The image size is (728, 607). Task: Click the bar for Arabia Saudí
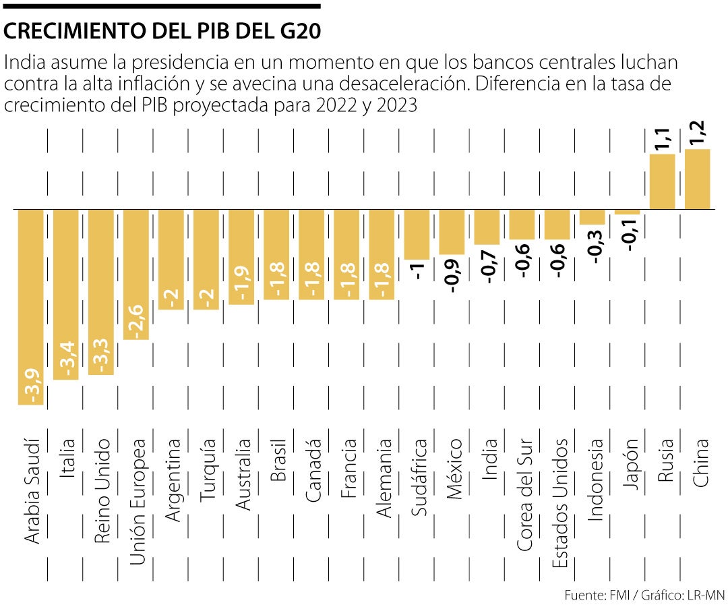[30, 307]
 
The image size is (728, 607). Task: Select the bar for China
[698, 179]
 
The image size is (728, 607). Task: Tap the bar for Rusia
[662, 181]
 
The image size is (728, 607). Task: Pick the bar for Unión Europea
[136, 274]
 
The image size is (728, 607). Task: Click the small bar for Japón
[627, 212]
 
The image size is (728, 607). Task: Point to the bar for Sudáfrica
[417, 234]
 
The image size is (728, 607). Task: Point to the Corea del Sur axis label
[524, 495]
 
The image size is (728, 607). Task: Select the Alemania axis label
[383, 478]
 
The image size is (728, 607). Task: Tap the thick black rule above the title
[162, 6]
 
